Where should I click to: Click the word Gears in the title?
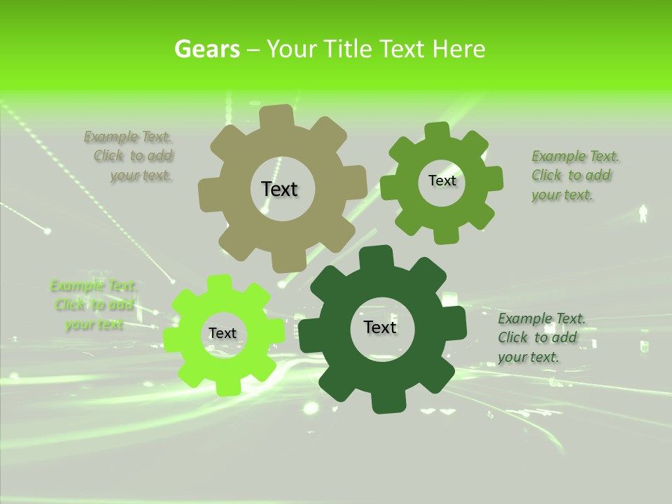[x=206, y=49]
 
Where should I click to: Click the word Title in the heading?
[x=346, y=49]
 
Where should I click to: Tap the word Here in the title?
[x=458, y=49]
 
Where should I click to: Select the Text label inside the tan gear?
[x=279, y=189]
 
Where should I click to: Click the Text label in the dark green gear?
[x=380, y=327]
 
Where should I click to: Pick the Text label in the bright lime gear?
[x=223, y=334]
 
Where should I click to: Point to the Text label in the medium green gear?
[x=442, y=181]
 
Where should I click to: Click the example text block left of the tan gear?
[x=133, y=156]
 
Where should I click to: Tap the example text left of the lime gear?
[x=93, y=305]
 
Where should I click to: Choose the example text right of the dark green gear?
[x=540, y=337]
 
